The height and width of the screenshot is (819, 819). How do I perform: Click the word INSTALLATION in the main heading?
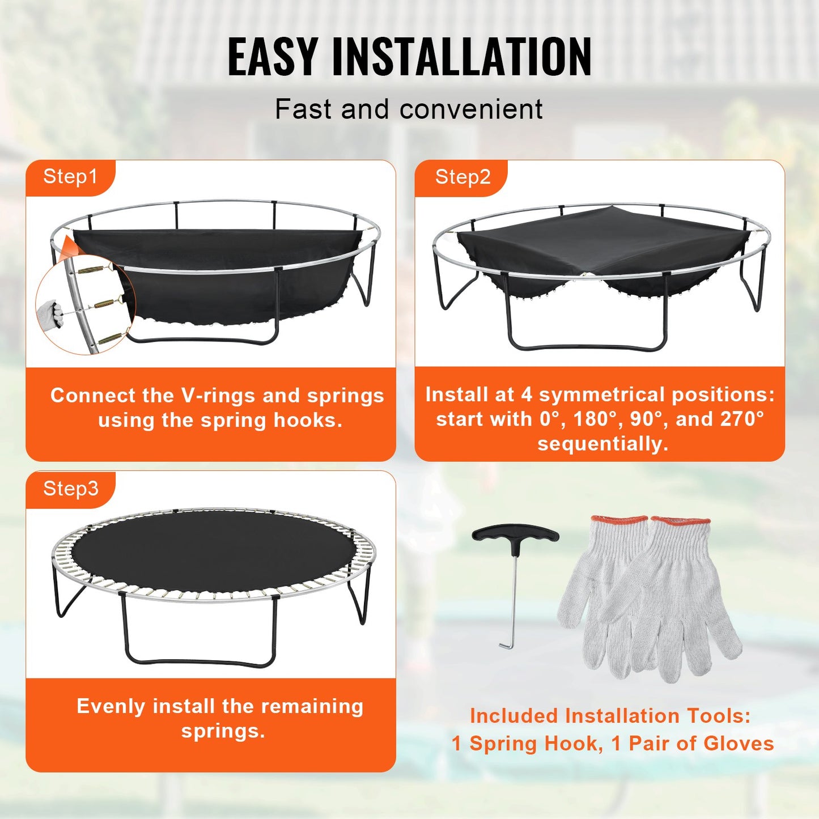point(462,57)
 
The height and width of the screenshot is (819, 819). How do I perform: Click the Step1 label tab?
point(70,177)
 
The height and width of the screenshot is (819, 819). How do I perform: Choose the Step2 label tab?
point(462,177)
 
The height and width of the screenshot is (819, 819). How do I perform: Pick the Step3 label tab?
point(71,489)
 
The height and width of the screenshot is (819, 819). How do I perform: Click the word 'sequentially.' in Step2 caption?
point(603,444)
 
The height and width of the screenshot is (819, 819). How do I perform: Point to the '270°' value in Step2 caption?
point(742,419)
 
